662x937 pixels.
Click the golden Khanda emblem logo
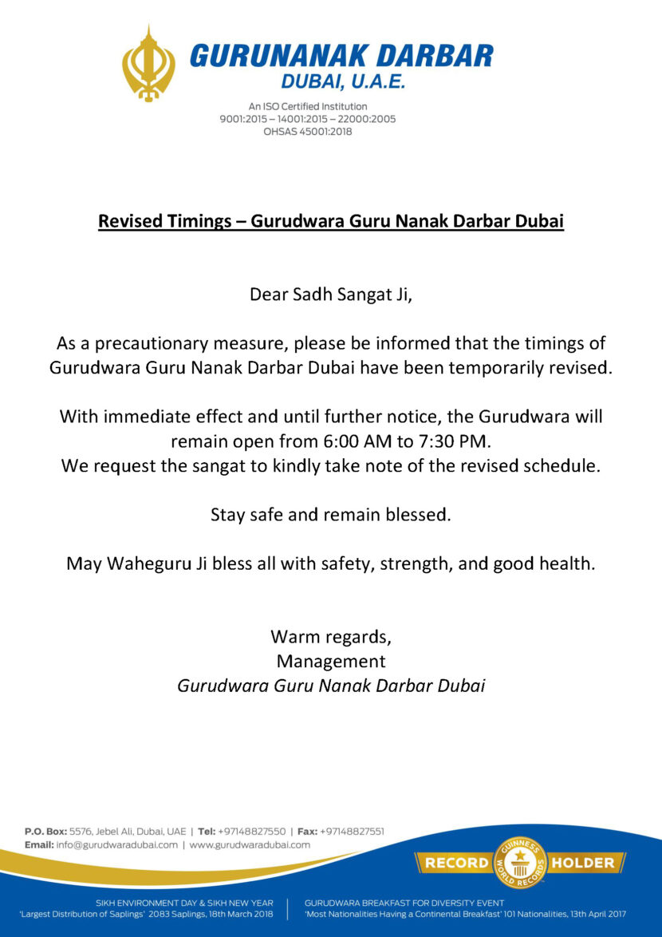click(148, 64)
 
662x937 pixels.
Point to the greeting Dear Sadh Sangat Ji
click(331, 295)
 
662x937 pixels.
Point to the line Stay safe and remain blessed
click(331, 515)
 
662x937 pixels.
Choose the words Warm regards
click(331, 637)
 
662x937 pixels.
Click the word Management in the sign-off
click(331, 662)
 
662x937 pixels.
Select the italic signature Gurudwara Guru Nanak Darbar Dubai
click(331, 686)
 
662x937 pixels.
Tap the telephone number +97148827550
click(251, 831)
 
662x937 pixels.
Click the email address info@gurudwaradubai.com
click(117, 844)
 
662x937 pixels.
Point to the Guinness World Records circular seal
click(520, 863)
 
